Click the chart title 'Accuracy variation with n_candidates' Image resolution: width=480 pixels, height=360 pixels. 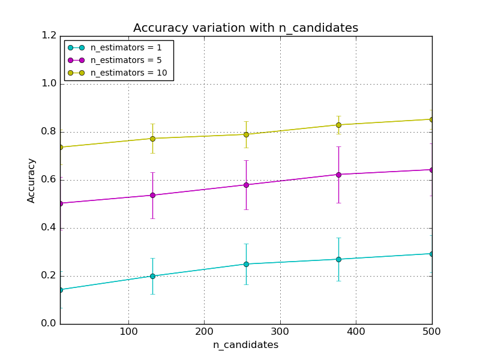pyautogui.click(x=245, y=28)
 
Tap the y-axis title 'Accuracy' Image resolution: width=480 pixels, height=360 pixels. pyautogui.click(x=32, y=180)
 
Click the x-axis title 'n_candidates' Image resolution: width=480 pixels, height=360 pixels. pyautogui.click(x=245, y=345)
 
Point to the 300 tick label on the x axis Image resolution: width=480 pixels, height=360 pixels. pyautogui.click(x=280, y=332)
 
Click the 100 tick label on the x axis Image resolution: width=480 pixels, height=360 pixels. pyautogui.click(x=128, y=332)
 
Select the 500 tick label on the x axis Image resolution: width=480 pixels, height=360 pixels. pyautogui.click(x=431, y=332)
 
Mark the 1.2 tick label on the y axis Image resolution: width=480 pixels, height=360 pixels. pyautogui.click(x=49, y=36)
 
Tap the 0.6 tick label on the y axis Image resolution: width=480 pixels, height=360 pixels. pyautogui.click(x=49, y=180)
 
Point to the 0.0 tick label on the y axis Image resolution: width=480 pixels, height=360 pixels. pyautogui.click(x=49, y=324)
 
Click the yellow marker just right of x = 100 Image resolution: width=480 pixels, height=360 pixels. pyautogui.click(x=152, y=139)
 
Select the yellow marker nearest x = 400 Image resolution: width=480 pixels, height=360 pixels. pyautogui.click(x=338, y=125)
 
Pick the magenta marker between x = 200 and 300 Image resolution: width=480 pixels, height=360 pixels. pyautogui.click(x=246, y=185)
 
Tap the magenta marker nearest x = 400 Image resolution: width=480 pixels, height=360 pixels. pyautogui.click(x=338, y=175)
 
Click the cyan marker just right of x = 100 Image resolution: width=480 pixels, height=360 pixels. pyautogui.click(x=152, y=276)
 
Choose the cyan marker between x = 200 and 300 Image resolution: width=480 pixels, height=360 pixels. pyautogui.click(x=246, y=264)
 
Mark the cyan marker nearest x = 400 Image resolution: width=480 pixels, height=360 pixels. pyautogui.click(x=338, y=259)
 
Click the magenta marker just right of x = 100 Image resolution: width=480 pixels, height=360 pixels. pyautogui.click(x=152, y=195)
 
